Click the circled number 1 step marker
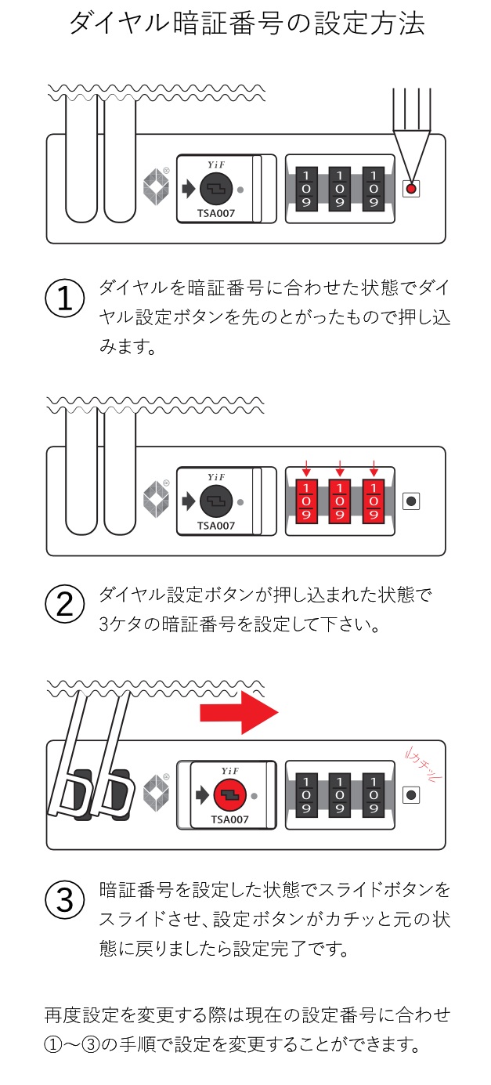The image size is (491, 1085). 66,299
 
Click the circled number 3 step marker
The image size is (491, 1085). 66,899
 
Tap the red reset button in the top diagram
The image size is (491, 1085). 411,189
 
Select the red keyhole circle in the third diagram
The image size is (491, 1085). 229,797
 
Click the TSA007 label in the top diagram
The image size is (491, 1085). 216,211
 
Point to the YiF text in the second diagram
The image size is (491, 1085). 215,476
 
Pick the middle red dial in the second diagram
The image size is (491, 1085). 340,499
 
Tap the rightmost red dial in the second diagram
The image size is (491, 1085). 374,499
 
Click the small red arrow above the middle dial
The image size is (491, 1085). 340,471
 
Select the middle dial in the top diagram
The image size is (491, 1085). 340,189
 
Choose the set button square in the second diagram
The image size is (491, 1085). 411,500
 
